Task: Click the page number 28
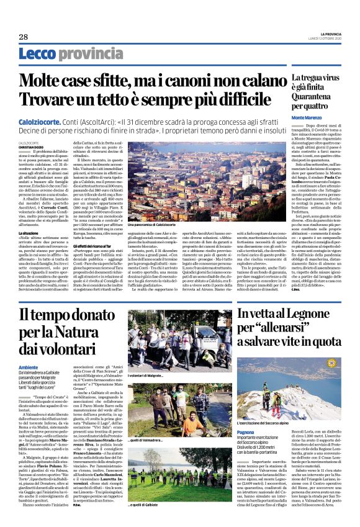pos(23,37)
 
